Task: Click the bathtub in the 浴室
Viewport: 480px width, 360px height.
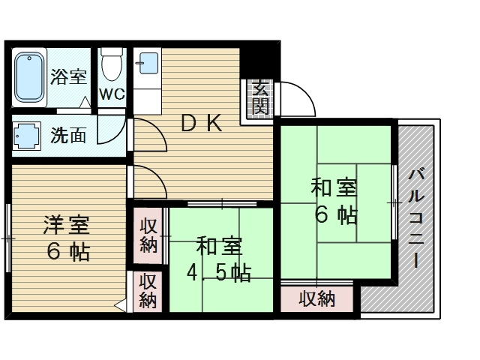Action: point(29,77)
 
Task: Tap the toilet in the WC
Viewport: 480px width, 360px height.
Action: point(112,64)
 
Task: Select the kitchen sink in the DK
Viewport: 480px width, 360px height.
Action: point(148,63)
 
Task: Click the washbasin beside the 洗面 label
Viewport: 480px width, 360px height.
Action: point(27,136)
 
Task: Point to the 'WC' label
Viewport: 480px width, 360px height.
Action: point(112,94)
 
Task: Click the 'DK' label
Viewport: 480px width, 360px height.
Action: point(202,123)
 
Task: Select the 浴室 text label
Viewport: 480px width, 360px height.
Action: point(68,76)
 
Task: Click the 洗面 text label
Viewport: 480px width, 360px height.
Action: point(68,135)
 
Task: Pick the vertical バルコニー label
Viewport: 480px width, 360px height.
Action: point(415,218)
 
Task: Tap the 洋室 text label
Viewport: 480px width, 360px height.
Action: point(67,225)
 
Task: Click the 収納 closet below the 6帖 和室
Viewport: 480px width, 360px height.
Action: point(317,299)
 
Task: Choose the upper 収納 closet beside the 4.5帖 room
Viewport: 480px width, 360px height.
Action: point(148,235)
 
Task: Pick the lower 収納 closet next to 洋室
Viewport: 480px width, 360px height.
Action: point(148,292)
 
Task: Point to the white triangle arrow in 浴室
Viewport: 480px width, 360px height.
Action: point(85,102)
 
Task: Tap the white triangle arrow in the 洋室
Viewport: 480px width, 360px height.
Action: point(120,305)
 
